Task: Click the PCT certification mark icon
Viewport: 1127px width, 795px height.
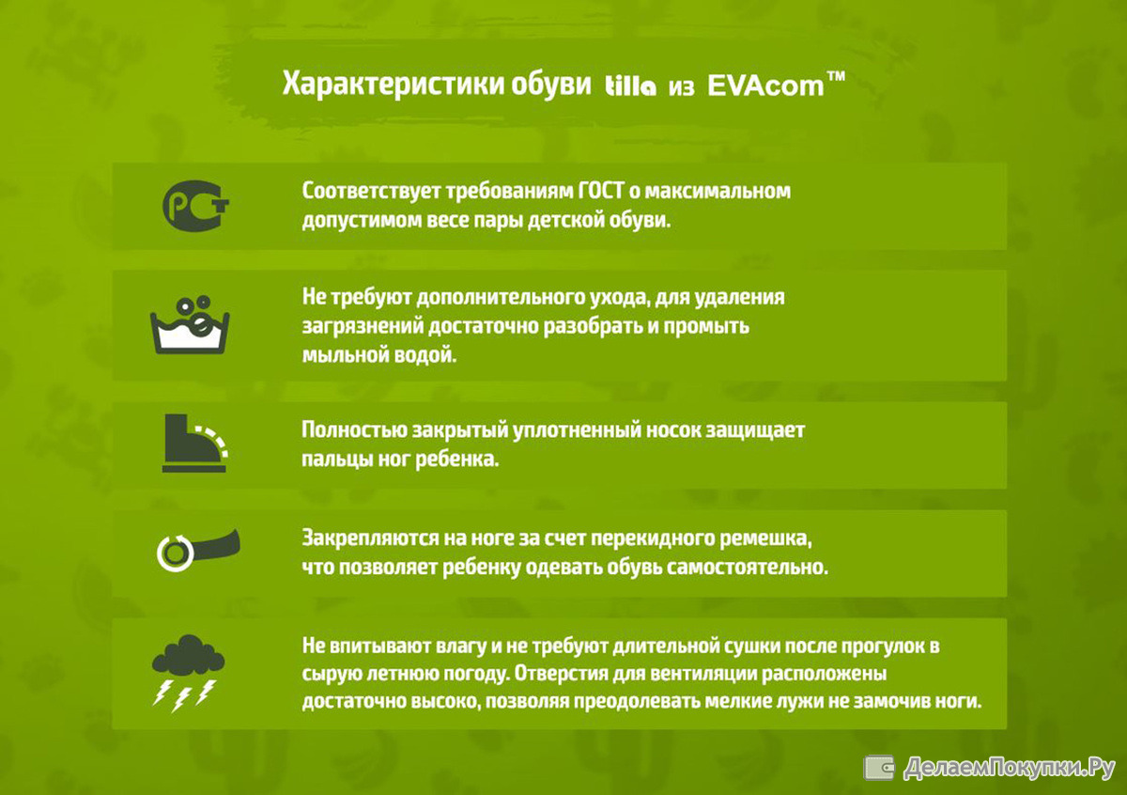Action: tap(195, 206)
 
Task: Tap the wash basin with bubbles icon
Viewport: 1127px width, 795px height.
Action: tap(190, 325)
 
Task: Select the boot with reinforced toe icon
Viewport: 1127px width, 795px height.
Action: tap(195, 443)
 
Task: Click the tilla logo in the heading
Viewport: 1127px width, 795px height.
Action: tap(630, 86)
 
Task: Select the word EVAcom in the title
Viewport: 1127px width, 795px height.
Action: tap(765, 86)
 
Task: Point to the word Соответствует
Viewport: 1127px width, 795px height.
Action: tap(371, 192)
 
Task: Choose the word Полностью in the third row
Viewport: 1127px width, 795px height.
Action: tap(354, 430)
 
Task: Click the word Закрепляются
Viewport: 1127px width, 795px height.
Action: tap(369, 538)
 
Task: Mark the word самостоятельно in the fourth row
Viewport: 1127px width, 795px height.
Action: tap(748, 568)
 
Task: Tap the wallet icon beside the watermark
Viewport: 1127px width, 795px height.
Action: tap(878, 768)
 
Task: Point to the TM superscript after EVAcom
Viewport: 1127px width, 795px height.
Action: tap(836, 77)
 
